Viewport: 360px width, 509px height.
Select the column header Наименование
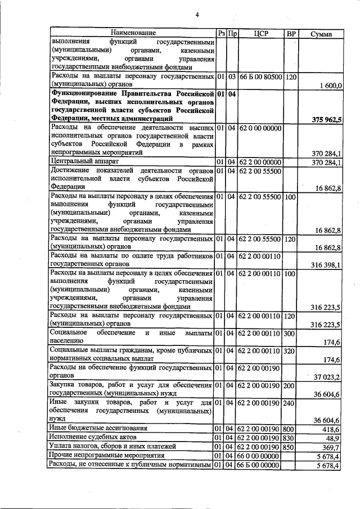[133, 33]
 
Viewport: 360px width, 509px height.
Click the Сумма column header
[321, 34]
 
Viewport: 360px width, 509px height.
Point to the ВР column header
[291, 34]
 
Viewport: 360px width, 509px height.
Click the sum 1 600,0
[331, 85]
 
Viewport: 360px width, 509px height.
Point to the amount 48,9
[334, 438]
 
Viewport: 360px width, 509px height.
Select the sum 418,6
[331, 429]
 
